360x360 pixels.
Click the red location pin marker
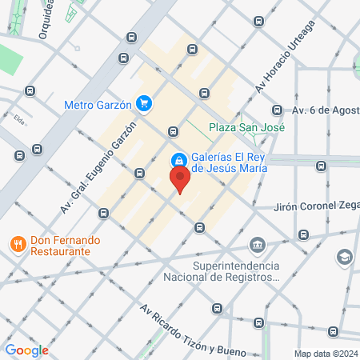click(x=180, y=179)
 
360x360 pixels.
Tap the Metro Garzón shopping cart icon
click(x=144, y=102)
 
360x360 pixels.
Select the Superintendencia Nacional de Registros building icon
click(x=257, y=245)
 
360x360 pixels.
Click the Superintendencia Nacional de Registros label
click(x=236, y=272)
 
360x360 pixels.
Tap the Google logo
click(x=26, y=350)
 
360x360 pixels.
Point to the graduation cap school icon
click(x=343, y=257)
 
